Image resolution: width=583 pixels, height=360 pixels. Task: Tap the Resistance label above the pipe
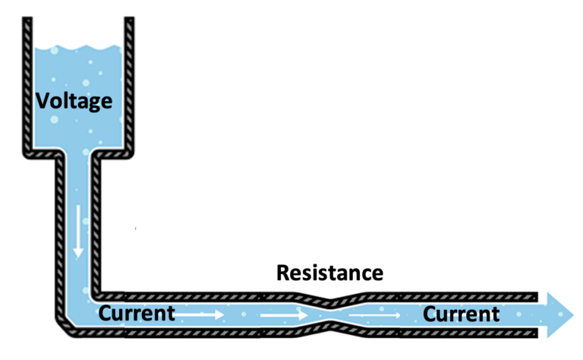(329, 273)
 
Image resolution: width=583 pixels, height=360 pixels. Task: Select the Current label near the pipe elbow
(137, 313)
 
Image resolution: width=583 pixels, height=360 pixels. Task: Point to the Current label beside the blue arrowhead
(461, 313)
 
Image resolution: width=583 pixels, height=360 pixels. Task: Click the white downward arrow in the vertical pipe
(78, 238)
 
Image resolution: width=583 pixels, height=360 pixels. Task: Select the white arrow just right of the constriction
(373, 314)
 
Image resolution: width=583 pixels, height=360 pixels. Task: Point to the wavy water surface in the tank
(79, 50)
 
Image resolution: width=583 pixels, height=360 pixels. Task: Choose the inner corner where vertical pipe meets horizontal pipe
(97, 294)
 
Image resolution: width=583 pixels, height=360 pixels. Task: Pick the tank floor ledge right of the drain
(114, 153)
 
